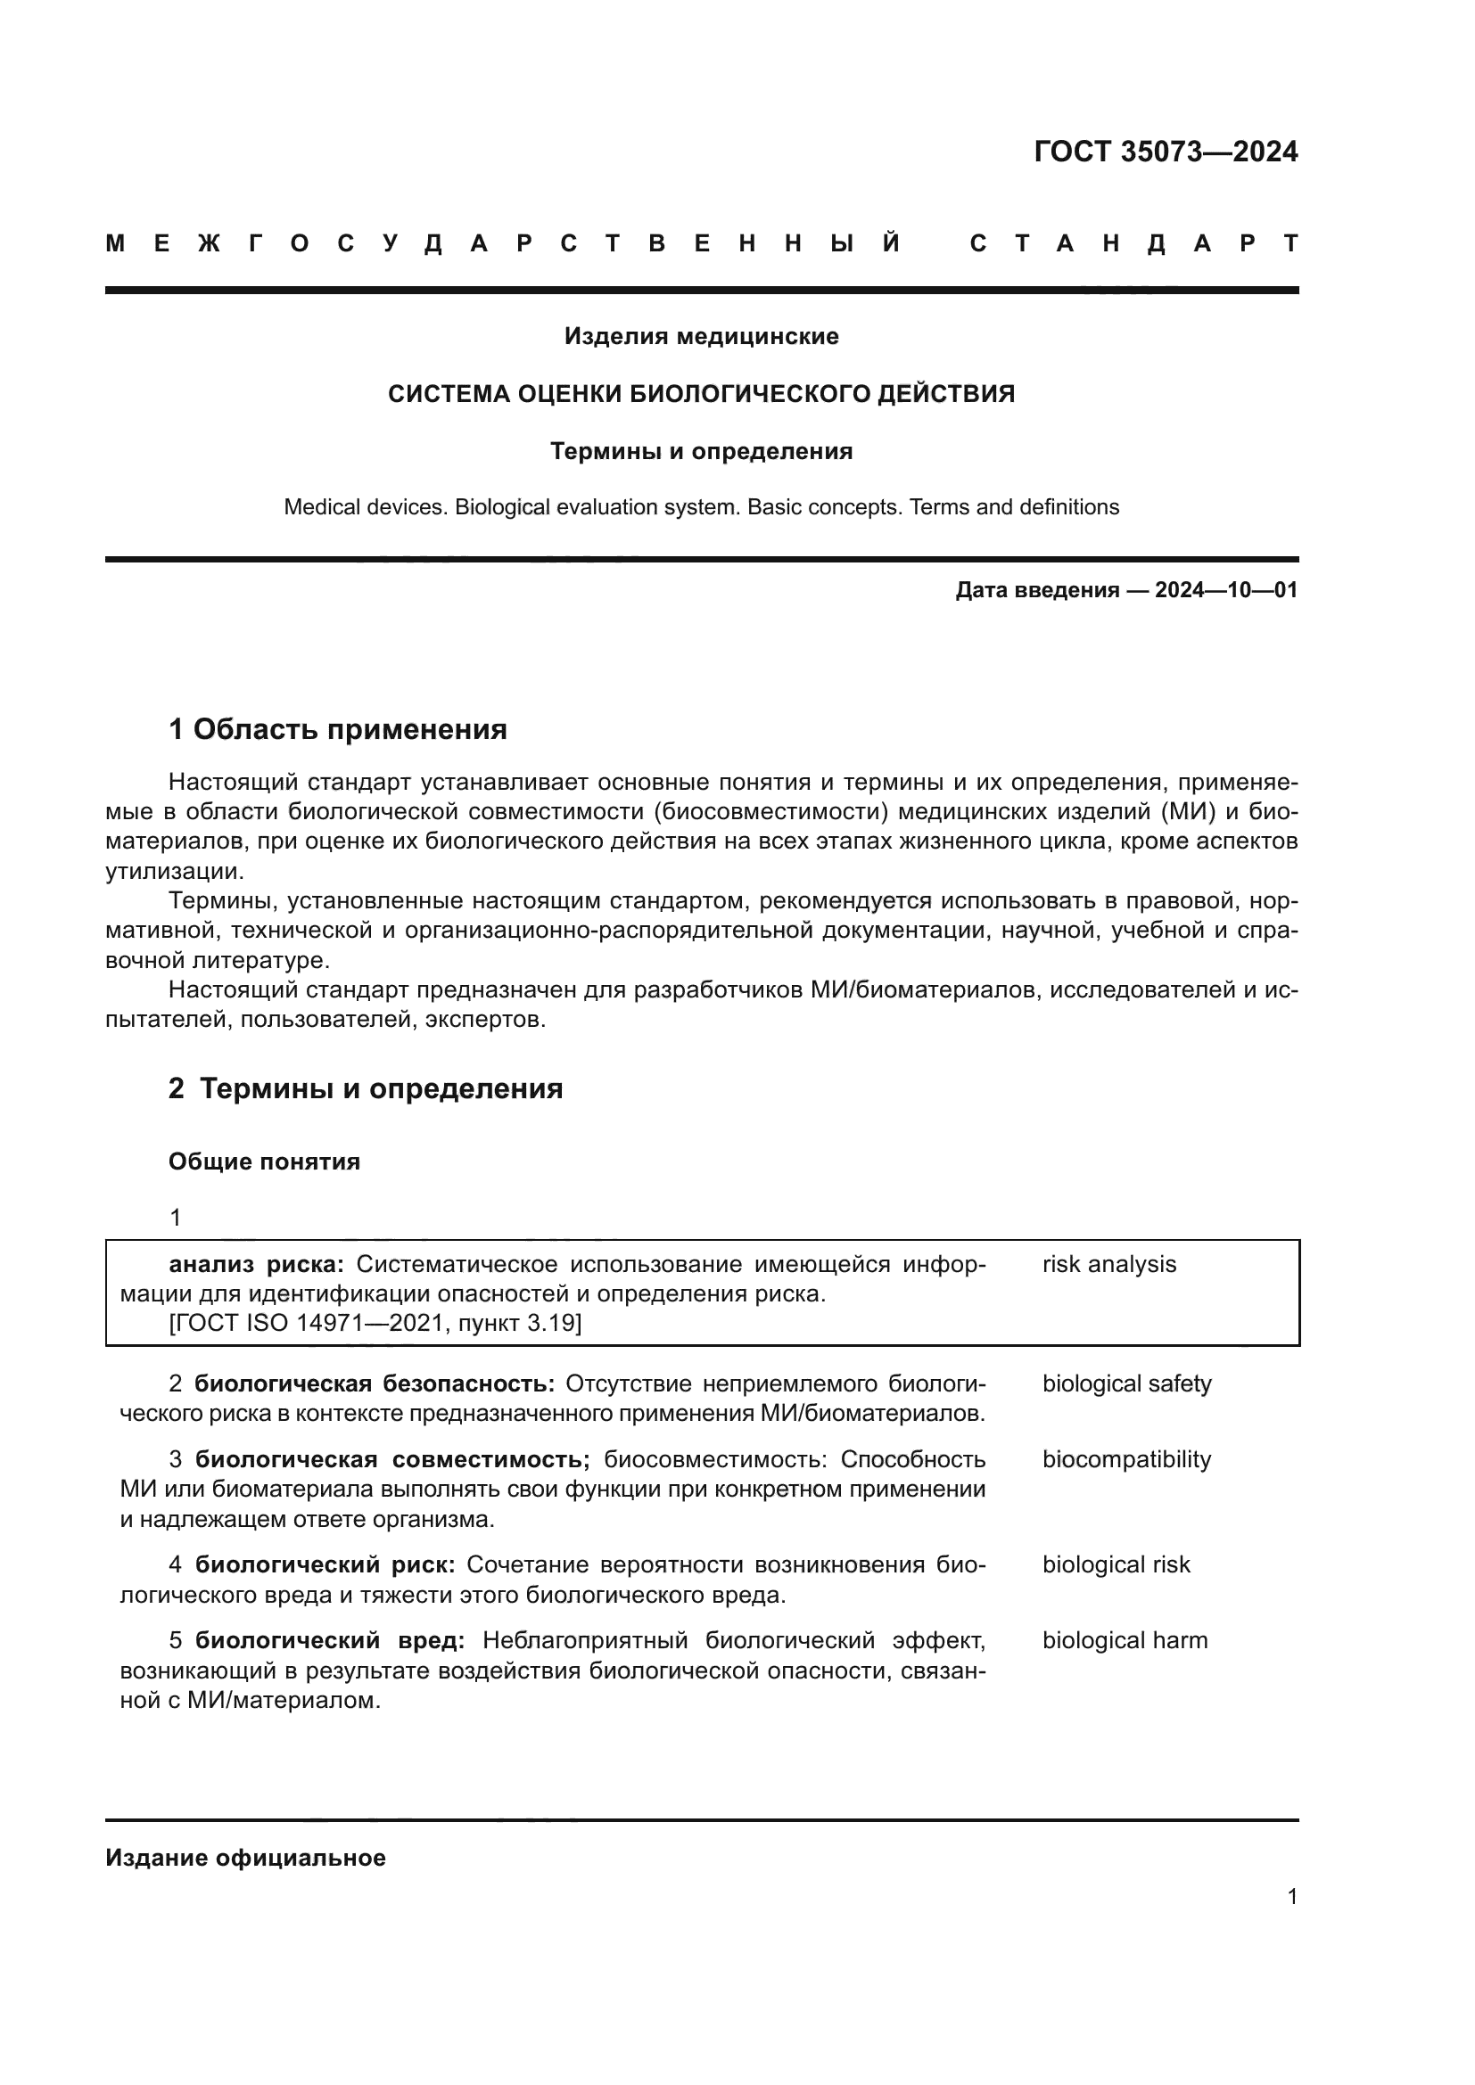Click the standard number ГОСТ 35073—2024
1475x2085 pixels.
(x=1166, y=152)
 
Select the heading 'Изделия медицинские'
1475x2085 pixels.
(x=701, y=337)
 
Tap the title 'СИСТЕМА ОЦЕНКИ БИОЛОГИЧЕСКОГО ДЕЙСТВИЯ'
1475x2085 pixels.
(x=701, y=394)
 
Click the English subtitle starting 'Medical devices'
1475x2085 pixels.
(x=701, y=506)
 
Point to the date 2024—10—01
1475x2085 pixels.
(x=1225, y=590)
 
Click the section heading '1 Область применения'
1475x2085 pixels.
(x=337, y=728)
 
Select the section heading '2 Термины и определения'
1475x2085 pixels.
(x=365, y=1088)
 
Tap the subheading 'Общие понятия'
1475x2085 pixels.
(x=263, y=1162)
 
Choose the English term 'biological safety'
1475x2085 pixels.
(x=1126, y=1383)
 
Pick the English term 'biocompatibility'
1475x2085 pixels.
(x=1126, y=1459)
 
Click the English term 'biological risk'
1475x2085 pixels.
(x=1116, y=1564)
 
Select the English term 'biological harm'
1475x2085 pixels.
(x=1125, y=1640)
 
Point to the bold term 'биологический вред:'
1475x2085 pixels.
(x=330, y=1640)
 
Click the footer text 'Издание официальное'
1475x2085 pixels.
(x=245, y=1858)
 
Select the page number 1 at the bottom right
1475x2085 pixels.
(x=1291, y=1896)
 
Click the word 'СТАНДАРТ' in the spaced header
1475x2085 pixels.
(x=1133, y=243)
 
